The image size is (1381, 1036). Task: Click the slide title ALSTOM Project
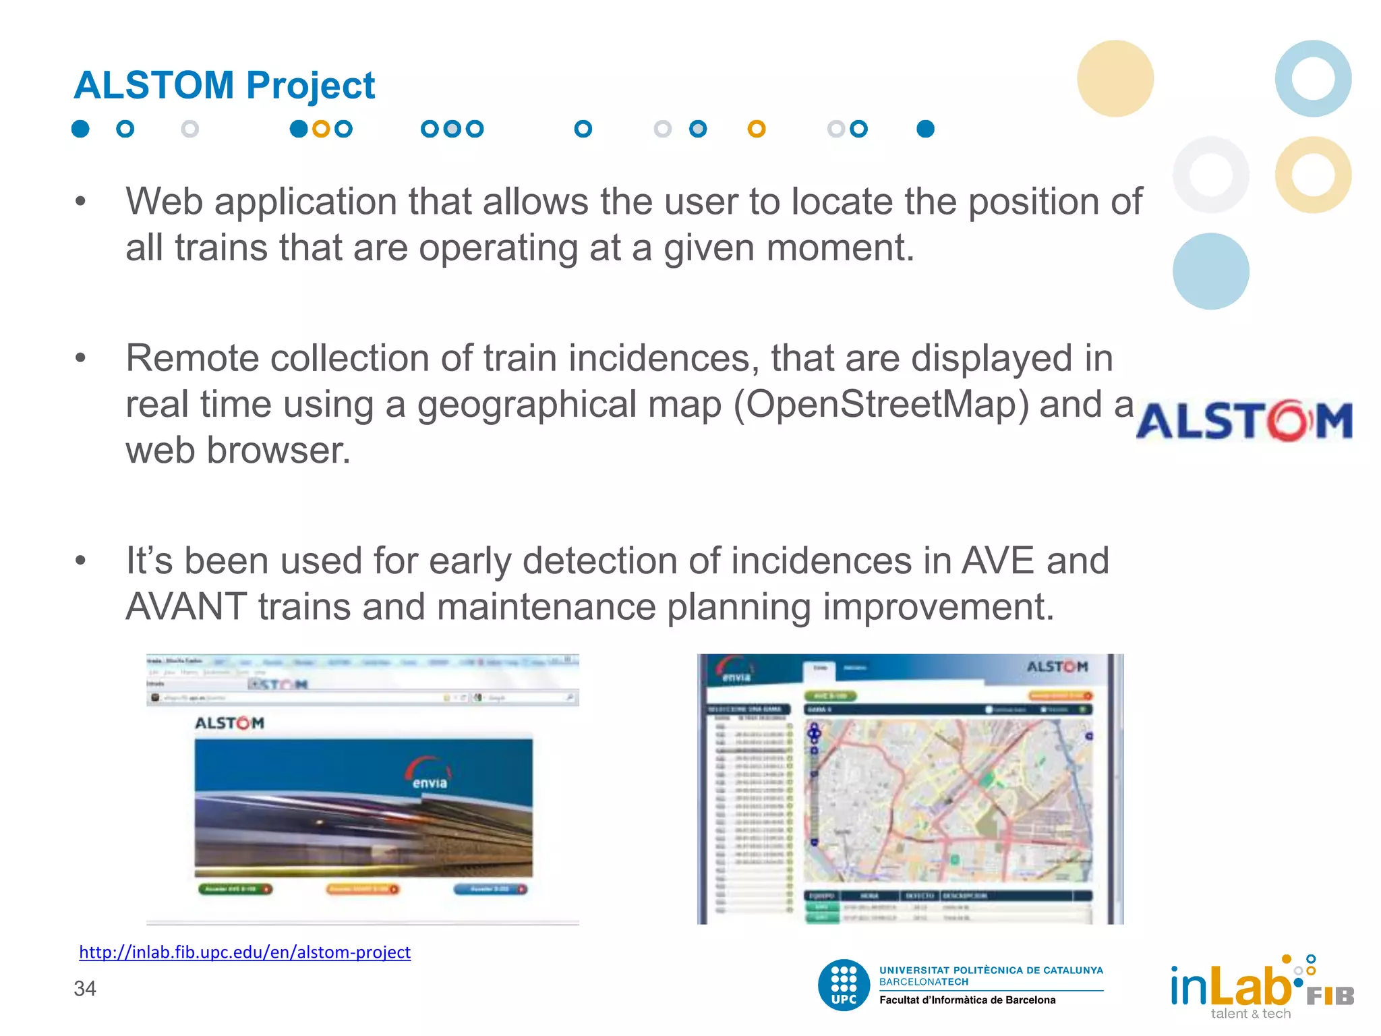point(224,86)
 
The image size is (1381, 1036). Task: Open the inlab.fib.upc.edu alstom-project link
point(245,952)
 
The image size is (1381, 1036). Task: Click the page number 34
point(85,989)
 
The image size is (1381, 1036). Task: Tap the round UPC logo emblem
point(844,985)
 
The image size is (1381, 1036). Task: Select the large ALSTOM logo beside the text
point(1244,421)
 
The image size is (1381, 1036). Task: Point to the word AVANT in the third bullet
point(186,606)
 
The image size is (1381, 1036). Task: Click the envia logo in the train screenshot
point(429,774)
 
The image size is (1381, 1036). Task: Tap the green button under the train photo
point(235,889)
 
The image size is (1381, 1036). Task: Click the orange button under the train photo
point(363,889)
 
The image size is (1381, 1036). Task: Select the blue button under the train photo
point(490,889)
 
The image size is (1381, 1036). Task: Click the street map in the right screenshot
point(947,800)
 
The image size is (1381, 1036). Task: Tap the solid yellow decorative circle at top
point(1115,78)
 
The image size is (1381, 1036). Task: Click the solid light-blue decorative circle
point(1210,271)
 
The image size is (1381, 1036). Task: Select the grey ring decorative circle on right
point(1210,175)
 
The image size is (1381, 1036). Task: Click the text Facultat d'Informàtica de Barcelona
point(967,1000)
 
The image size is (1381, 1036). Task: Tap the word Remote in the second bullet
point(192,358)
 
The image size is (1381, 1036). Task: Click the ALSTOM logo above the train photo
point(229,723)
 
